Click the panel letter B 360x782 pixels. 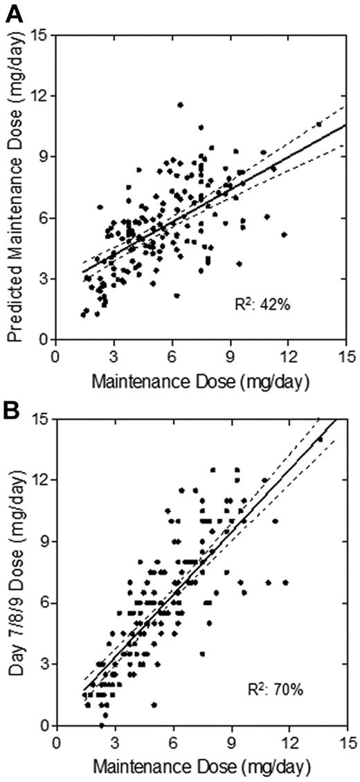tap(12, 400)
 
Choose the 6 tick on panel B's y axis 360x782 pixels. tap(46, 603)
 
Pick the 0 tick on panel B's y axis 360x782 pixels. tap(46, 726)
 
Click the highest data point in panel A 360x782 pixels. tap(180, 105)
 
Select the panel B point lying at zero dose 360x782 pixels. tap(102, 725)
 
